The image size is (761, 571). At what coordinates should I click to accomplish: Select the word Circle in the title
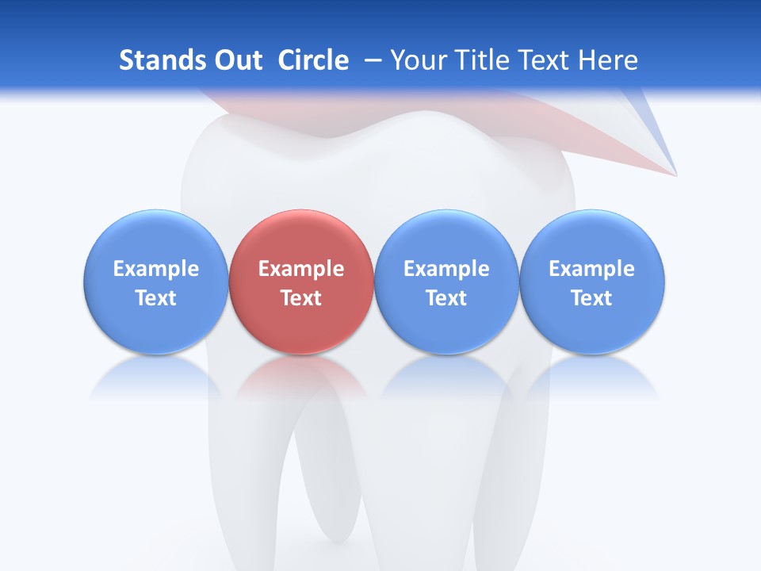(313, 60)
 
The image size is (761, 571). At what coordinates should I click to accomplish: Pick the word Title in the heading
(481, 60)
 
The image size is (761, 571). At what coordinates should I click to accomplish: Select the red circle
(301, 282)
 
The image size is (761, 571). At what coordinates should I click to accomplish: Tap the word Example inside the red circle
(301, 269)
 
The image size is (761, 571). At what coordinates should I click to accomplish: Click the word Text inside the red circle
(301, 298)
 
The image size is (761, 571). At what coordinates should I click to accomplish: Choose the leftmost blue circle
(156, 282)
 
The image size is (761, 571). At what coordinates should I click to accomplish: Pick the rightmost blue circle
(592, 282)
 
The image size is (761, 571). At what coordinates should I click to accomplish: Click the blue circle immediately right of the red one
(446, 282)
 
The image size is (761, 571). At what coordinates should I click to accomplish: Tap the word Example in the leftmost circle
(156, 269)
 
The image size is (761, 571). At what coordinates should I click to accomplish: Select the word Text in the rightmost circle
(592, 298)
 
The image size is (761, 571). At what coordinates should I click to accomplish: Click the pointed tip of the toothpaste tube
(675, 173)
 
